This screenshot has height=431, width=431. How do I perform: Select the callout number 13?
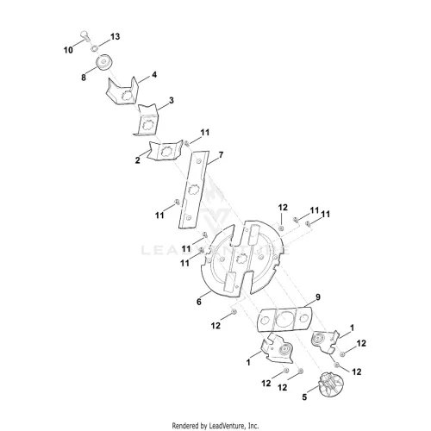click(115, 37)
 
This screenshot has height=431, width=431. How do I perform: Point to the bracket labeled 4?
click(122, 91)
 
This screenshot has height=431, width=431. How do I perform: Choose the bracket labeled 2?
click(165, 150)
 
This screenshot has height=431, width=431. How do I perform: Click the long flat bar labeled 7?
click(193, 190)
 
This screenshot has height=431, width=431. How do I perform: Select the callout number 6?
click(199, 302)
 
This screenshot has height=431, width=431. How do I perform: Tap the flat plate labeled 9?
click(284, 319)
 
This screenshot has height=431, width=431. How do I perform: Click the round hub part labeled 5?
click(331, 384)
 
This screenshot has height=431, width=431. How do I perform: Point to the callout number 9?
click(318, 297)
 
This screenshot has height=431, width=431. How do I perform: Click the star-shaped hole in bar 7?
click(192, 190)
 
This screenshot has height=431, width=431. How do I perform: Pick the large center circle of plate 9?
click(284, 319)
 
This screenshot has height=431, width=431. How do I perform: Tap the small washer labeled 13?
click(94, 48)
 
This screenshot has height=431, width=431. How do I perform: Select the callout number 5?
click(304, 397)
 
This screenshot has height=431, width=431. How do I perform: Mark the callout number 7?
click(221, 155)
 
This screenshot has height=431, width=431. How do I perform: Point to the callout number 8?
click(84, 78)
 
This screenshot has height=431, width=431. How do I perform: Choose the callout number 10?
click(68, 50)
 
